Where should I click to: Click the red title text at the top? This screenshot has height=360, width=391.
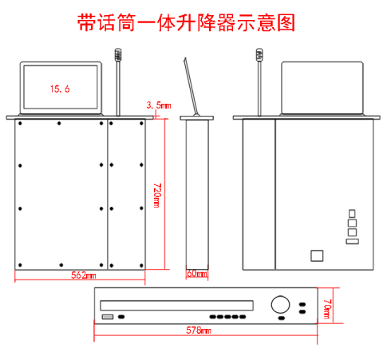coord(186,22)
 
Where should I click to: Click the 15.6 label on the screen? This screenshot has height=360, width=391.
coord(60,89)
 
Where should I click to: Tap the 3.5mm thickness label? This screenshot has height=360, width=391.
coord(159,105)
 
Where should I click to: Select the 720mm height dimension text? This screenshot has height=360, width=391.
coord(156,195)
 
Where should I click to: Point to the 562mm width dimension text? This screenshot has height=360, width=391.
coord(84,275)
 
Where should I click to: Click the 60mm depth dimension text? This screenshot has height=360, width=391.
coord(197,274)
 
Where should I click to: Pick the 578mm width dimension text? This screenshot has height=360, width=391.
coord(199,330)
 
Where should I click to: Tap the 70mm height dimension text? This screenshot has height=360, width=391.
coord(327,309)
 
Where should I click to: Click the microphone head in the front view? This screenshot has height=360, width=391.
coord(118,54)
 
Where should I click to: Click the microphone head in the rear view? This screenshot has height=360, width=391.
coord(259,54)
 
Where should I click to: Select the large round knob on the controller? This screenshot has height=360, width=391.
coord(280,304)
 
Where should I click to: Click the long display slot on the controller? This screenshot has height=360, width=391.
coord(176,306)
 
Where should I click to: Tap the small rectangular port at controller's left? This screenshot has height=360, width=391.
coord(108,317)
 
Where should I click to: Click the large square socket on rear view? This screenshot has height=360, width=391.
coord(317,255)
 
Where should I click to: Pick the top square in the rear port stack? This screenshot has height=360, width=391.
coord(352,213)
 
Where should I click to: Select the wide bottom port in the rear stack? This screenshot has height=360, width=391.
coord(353,241)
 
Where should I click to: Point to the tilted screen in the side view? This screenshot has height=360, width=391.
coord(191,87)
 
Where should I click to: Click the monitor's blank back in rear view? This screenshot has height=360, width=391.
coord(322,88)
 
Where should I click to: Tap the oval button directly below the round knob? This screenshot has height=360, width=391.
coord(282,318)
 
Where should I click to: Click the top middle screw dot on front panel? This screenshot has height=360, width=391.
coord(59,123)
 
